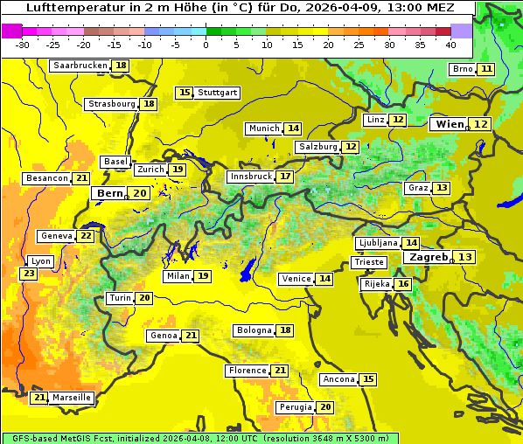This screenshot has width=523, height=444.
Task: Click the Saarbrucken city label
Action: coord(80,66)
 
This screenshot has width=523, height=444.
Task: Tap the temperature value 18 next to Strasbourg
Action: coord(150,104)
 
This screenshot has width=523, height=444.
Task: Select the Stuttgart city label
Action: coord(218,93)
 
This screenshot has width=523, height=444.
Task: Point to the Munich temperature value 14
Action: coord(293,128)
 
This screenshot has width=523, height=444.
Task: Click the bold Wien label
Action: coord(450,124)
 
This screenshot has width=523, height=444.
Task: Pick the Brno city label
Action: coord(462,69)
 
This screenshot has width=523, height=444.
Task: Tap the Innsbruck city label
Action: coord(250,177)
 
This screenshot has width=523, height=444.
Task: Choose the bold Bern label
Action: coord(109,193)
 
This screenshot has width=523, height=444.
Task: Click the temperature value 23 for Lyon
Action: coord(29,274)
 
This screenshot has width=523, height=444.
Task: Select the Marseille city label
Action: coord(72,398)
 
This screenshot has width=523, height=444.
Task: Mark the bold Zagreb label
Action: coord(429,257)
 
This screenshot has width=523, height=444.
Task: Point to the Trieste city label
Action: coord(368,262)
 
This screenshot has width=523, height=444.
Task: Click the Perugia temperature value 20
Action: coord(325,407)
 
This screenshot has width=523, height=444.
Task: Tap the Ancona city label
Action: coord(338,379)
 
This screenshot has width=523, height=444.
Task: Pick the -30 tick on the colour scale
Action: coord(23,44)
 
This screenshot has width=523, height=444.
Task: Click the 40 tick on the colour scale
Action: coord(450,44)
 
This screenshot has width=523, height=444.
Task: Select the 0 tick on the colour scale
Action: coord(206,44)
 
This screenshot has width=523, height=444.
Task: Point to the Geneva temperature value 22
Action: coord(86,236)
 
